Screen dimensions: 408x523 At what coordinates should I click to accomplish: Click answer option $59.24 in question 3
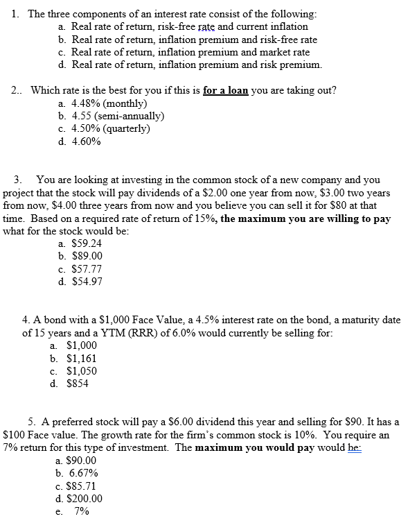[87, 243]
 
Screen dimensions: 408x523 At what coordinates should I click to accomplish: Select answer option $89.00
[87, 256]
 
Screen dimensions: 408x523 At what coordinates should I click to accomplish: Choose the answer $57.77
[87, 268]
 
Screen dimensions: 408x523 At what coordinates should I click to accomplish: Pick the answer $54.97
[87, 281]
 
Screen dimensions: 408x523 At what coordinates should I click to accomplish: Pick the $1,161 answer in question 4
[81, 359]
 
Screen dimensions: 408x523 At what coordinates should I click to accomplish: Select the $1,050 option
[81, 371]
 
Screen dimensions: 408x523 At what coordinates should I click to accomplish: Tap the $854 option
[77, 384]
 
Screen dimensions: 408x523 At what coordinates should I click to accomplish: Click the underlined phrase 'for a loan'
[226, 91]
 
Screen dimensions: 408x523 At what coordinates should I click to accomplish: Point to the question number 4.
[26, 320]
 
